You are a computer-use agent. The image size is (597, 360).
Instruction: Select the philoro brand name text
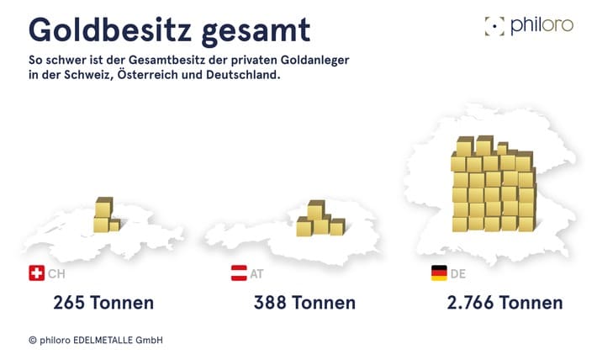(542, 26)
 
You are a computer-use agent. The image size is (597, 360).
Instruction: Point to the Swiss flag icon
(36, 273)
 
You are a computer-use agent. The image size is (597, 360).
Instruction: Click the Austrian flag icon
(239, 273)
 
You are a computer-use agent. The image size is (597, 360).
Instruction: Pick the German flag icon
(439, 273)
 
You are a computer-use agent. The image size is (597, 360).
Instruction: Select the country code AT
(256, 274)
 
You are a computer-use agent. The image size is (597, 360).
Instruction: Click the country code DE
(458, 274)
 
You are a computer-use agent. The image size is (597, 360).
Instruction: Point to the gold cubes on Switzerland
(106, 215)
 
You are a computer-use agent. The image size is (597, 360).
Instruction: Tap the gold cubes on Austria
(319, 220)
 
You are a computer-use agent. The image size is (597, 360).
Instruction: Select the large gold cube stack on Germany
(493, 185)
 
